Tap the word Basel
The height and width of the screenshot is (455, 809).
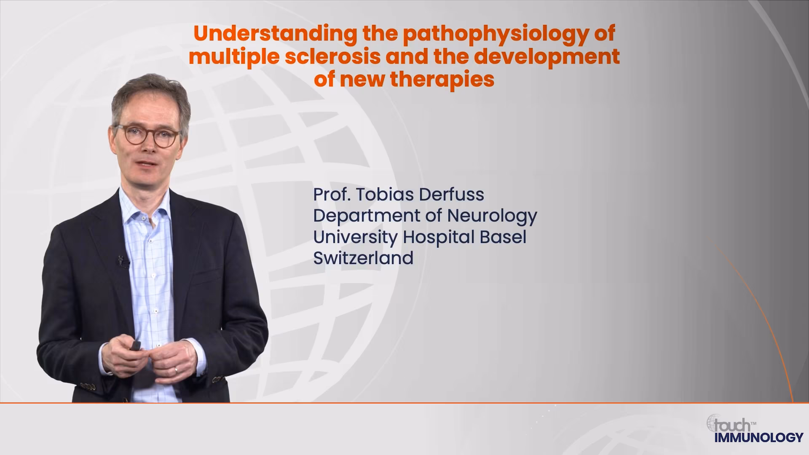click(503, 237)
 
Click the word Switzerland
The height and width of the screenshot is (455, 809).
click(363, 258)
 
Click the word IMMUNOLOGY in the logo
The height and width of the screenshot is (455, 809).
click(759, 437)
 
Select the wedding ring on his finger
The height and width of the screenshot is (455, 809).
click(176, 369)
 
